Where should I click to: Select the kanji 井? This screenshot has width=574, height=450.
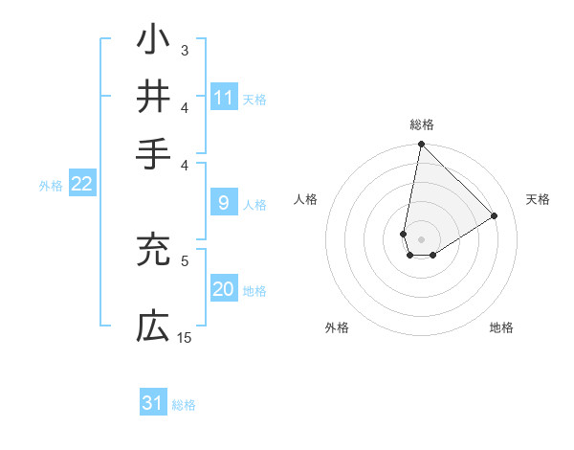click(x=153, y=97)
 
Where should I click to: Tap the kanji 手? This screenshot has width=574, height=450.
click(x=153, y=153)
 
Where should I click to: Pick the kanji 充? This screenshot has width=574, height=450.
click(x=153, y=250)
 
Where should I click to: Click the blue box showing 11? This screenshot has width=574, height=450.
click(x=224, y=98)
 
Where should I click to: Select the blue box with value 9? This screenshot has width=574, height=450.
click(x=223, y=202)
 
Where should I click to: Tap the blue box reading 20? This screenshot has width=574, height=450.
click(x=224, y=290)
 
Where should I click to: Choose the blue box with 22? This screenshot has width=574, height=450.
click(x=81, y=185)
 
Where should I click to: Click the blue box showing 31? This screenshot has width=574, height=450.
click(x=153, y=403)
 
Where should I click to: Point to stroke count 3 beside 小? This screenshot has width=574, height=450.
click(x=185, y=50)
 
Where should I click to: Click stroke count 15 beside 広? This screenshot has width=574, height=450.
click(x=185, y=337)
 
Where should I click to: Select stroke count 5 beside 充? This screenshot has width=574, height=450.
click(x=185, y=259)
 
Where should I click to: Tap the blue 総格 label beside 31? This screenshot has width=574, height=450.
click(x=184, y=405)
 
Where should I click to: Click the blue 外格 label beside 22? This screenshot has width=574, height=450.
click(x=50, y=186)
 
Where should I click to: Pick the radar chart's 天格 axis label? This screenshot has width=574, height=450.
click(x=538, y=199)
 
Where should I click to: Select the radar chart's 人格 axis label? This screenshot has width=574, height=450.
click(x=306, y=199)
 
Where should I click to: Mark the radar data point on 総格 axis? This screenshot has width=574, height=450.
click(x=421, y=145)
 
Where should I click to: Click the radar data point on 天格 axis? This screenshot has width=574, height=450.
click(x=495, y=216)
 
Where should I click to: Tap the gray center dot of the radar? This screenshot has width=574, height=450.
click(x=421, y=239)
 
